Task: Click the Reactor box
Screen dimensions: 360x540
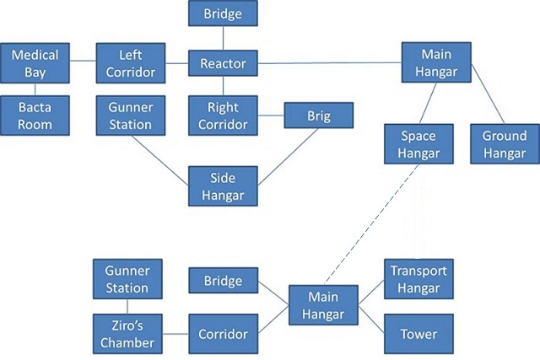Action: click(x=223, y=63)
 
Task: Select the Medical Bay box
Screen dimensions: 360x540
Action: click(x=35, y=63)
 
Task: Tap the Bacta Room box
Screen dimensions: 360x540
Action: click(x=35, y=116)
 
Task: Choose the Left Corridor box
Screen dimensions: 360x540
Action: click(x=131, y=63)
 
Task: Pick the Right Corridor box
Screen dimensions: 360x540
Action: click(x=223, y=116)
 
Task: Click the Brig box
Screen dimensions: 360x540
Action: click(x=318, y=115)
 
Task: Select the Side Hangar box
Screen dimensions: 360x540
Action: click(x=223, y=185)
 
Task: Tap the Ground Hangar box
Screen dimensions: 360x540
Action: click(x=504, y=143)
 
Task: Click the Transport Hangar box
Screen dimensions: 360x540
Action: click(x=418, y=279)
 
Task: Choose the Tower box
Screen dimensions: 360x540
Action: click(x=418, y=334)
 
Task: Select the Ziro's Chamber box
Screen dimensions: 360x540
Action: click(x=127, y=334)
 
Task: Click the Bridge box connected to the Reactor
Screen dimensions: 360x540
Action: click(x=223, y=13)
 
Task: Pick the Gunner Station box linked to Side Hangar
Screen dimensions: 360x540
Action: click(x=131, y=116)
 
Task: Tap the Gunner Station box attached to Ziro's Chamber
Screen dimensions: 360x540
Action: click(x=127, y=279)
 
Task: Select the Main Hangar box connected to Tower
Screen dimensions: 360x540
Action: click(x=323, y=306)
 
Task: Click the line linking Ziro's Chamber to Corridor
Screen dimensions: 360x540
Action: click(x=175, y=334)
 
